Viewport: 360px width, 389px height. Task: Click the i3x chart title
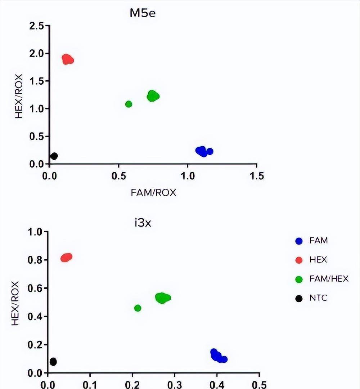click(x=143, y=222)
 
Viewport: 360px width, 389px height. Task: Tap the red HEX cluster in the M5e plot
click(x=67, y=59)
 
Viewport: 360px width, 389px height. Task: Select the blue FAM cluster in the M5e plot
click(x=202, y=151)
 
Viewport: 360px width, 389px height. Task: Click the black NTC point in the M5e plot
click(x=54, y=156)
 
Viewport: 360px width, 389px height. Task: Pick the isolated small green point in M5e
click(x=129, y=104)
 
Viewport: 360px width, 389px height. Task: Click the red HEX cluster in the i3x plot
click(x=66, y=257)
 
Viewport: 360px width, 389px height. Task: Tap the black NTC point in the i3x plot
click(x=53, y=362)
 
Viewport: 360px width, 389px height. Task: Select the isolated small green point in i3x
click(x=138, y=308)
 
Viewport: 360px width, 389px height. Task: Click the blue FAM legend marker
click(x=298, y=241)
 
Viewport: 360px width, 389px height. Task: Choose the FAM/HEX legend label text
click(x=329, y=279)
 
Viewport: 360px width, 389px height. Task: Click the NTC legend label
click(x=318, y=298)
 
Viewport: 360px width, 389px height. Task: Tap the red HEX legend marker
click(x=298, y=260)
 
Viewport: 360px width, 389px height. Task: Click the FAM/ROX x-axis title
click(x=153, y=192)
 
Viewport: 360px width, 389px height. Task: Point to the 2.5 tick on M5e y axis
click(x=37, y=26)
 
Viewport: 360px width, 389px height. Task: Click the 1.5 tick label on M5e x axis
click(x=256, y=176)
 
